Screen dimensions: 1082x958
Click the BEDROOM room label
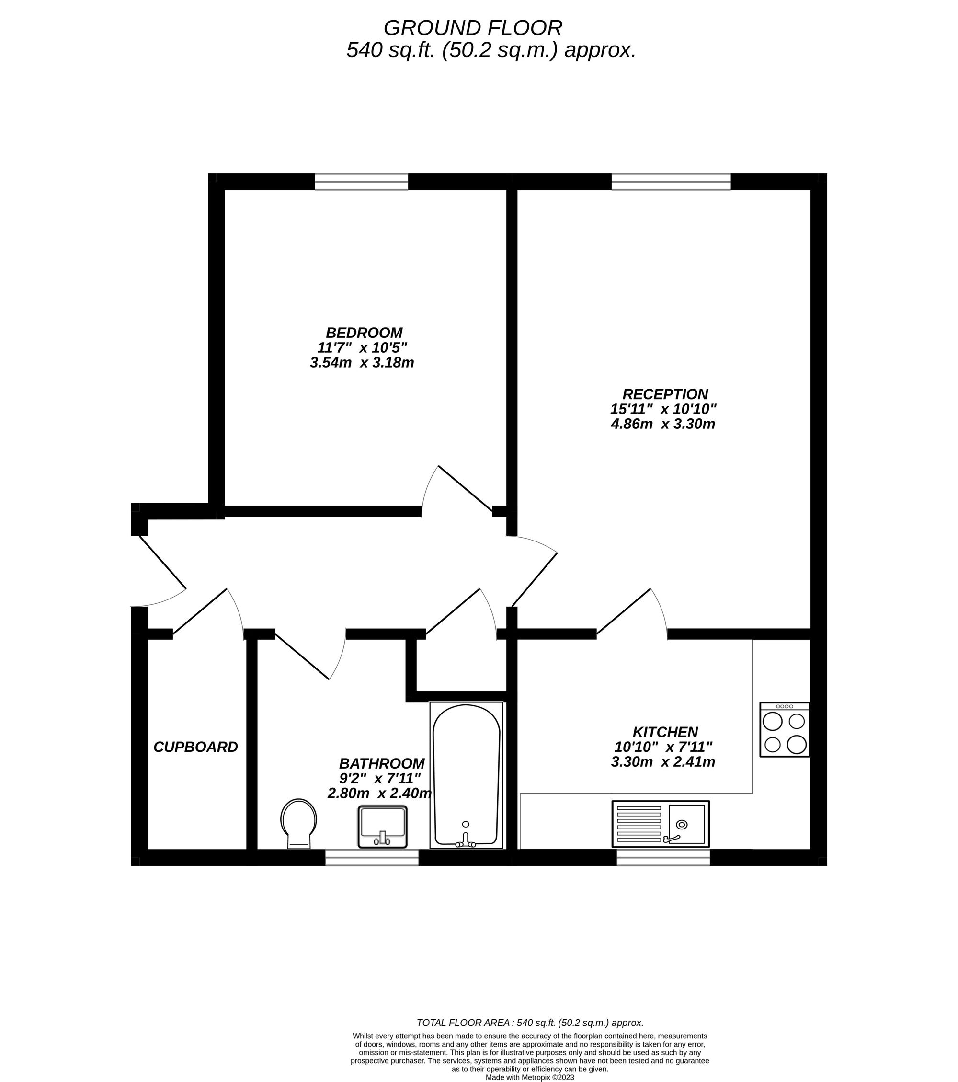point(364,333)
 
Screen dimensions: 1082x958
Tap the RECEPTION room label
point(665,394)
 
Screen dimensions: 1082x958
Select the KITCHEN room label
point(665,732)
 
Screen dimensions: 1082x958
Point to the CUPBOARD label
point(195,747)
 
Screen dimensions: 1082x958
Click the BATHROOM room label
point(382,763)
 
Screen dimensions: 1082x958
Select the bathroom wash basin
point(383,827)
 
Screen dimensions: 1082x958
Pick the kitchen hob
point(785,729)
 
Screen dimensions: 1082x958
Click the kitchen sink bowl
point(686,824)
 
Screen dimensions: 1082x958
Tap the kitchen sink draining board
point(639,824)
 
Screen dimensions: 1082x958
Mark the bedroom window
point(362,182)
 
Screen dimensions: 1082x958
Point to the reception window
point(671,182)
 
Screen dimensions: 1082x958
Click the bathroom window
point(372,858)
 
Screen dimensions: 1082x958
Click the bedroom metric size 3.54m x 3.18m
point(362,363)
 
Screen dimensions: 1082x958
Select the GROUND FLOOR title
point(473,27)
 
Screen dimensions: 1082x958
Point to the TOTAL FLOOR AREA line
point(530,1023)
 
